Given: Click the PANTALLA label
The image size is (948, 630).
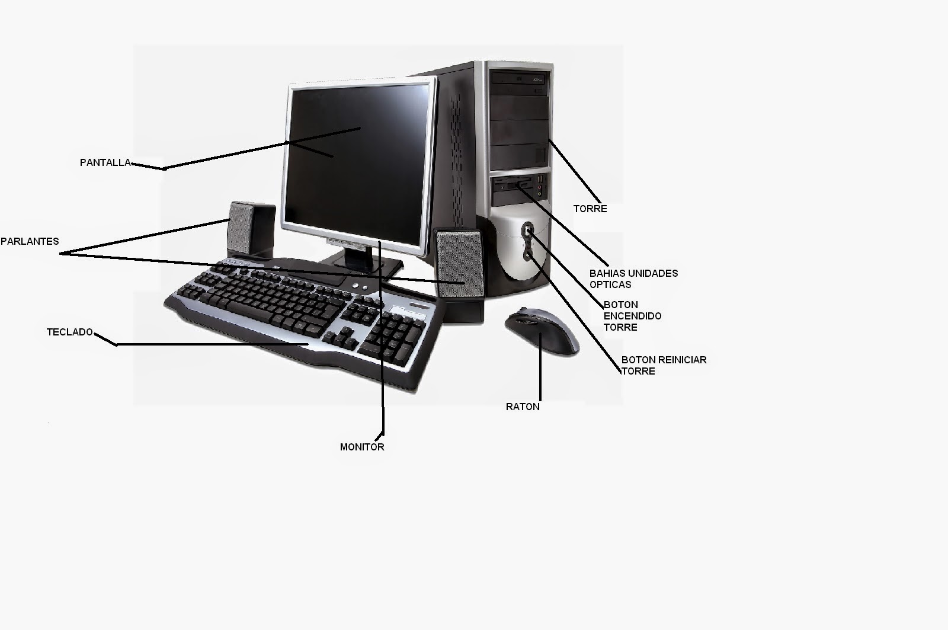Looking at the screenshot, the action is (x=105, y=162).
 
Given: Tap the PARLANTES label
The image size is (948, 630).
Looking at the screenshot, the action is (x=30, y=241).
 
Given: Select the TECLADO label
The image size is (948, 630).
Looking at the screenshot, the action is (x=70, y=332).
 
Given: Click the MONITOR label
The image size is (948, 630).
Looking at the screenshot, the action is (x=362, y=447).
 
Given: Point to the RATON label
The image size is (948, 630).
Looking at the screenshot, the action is (x=523, y=407).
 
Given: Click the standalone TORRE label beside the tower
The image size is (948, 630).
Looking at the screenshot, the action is (x=590, y=209).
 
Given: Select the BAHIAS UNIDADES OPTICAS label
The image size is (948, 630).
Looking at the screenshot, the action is (x=633, y=279).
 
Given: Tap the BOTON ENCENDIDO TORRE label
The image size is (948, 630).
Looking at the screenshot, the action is (x=632, y=316).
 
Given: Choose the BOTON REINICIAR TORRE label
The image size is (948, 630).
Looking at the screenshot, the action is (x=664, y=365).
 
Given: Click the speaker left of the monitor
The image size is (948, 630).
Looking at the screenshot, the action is (x=251, y=228).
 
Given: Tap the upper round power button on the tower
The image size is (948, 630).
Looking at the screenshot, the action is (x=527, y=229).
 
